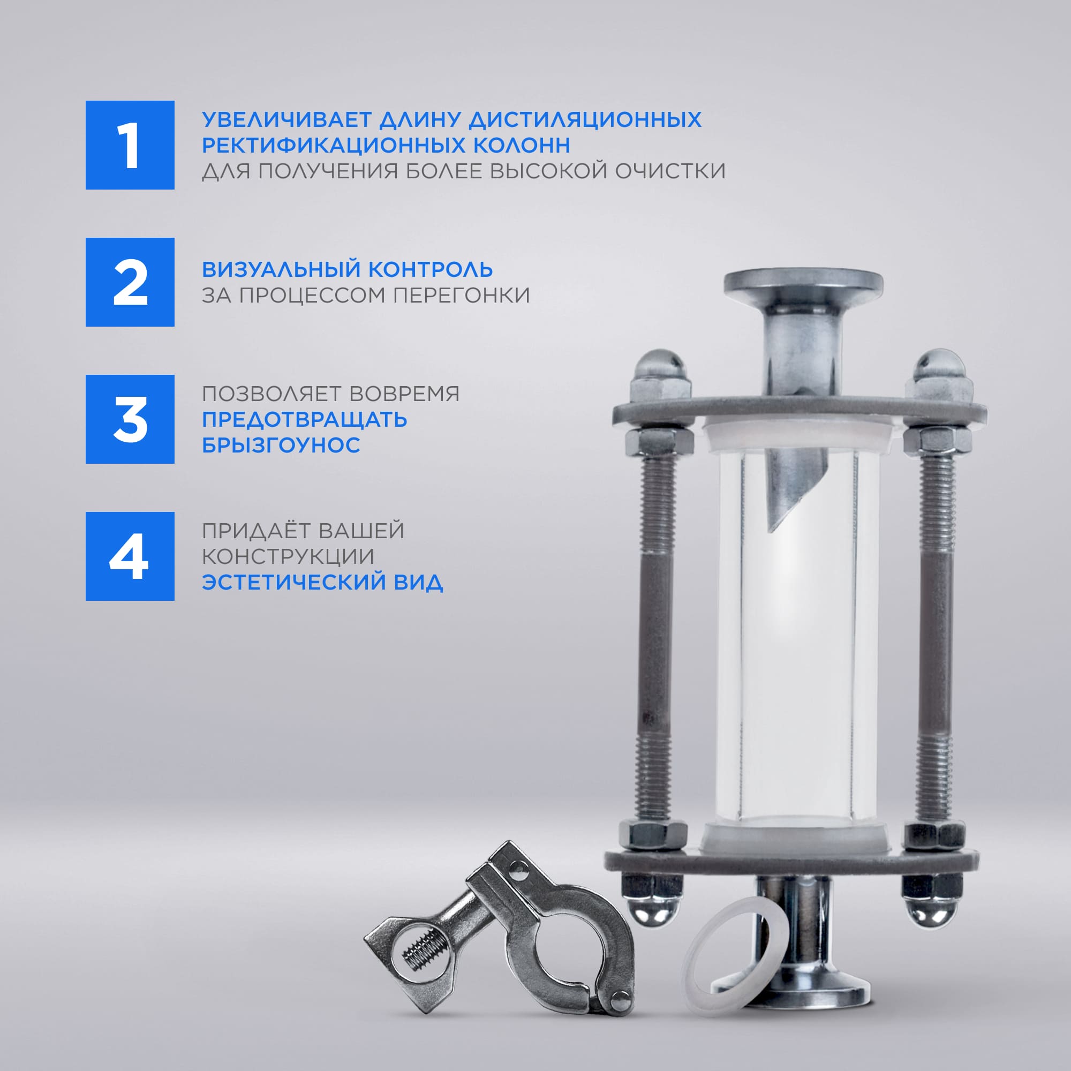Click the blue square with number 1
(130, 145)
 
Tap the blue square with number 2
(130, 282)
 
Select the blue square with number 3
(130, 419)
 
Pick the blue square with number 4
(130, 556)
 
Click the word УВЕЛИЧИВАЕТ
(286, 120)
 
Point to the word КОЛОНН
(522, 145)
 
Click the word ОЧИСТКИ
(671, 171)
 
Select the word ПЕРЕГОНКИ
(461, 295)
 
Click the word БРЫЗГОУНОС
(281, 444)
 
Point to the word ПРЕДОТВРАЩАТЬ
(304, 420)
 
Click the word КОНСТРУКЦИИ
(288, 556)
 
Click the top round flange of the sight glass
(803, 283)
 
